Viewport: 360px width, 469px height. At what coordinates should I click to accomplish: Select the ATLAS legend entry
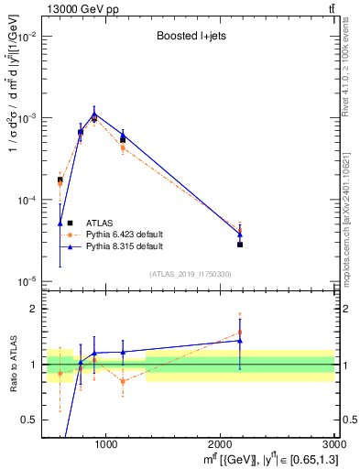point(100,223)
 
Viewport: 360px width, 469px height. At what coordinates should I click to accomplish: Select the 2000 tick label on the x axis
point(221,444)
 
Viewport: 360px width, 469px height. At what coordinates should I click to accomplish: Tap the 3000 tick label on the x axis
point(334,444)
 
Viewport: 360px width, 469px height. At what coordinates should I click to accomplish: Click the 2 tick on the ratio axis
point(33,309)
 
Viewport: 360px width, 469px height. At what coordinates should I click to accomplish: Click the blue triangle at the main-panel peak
point(93,115)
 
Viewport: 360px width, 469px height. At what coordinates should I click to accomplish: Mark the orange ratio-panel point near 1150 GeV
point(123,382)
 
